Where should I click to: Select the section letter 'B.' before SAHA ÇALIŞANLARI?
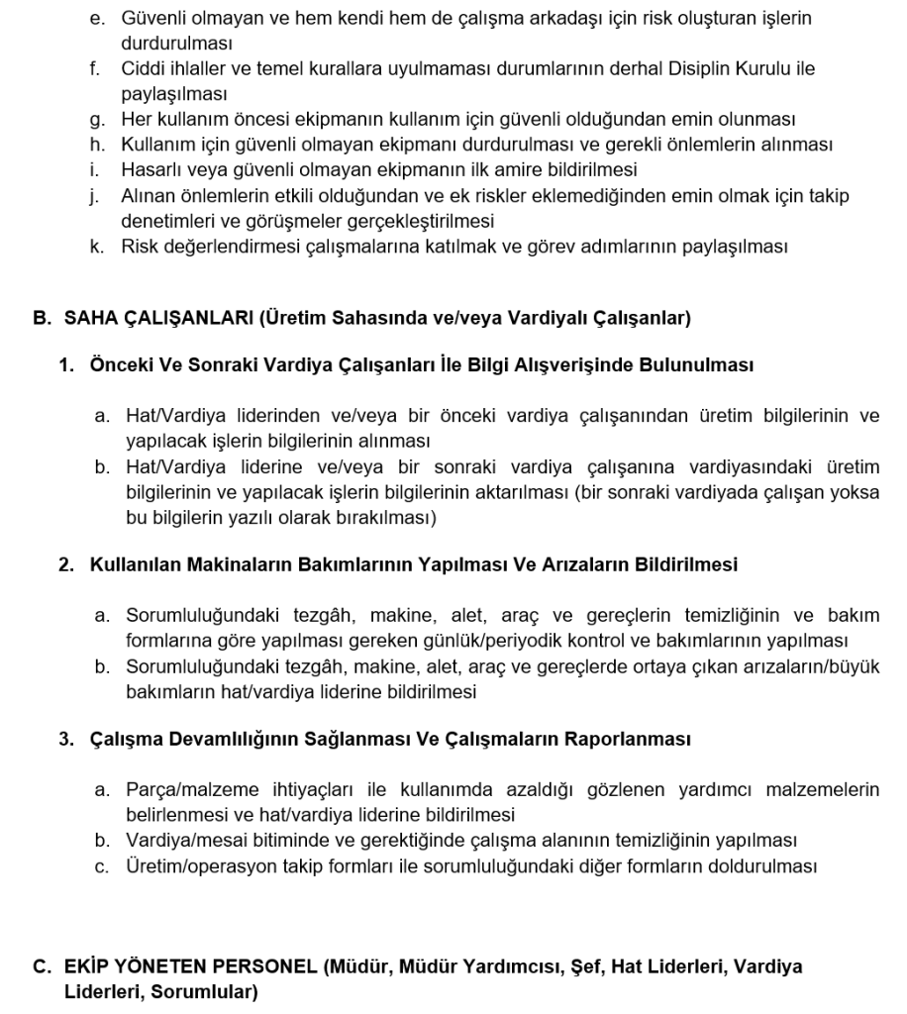42,318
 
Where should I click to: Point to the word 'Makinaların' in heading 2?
222,565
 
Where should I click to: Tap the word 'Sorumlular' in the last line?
203,991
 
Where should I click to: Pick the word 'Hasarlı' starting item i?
150,169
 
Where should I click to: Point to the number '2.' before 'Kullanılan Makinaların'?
67,565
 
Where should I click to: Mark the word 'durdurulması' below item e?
176,45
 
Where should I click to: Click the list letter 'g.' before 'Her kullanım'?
96,120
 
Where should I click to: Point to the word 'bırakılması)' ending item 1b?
389,517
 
